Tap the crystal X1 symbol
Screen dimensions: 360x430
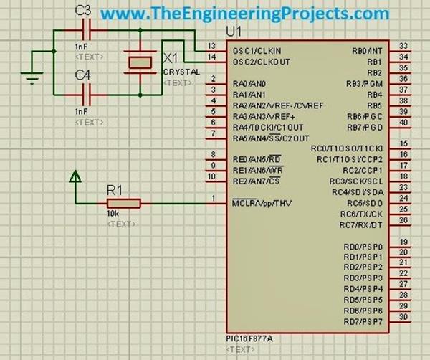pyautogui.click(x=139, y=61)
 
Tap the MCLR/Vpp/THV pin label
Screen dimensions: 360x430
pyautogui.click(x=262, y=203)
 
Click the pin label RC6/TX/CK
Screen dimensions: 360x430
pyautogui.click(x=361, y=214)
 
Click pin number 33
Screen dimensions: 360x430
pyautogui.click(x=403, y=45)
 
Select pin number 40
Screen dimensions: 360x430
pyautogui.click(x=403, y=122)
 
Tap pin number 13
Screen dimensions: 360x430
pyautogui.click(x=211, y=45)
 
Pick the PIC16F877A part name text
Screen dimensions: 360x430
pyautogui.click(x=248, y=337)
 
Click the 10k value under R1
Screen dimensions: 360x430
pyautogui.click(x=113, y=214)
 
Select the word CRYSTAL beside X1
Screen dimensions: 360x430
pyautogui.click(x=181, y=72)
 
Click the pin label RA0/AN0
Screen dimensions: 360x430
pyautogui.click(x=249, y=83)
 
